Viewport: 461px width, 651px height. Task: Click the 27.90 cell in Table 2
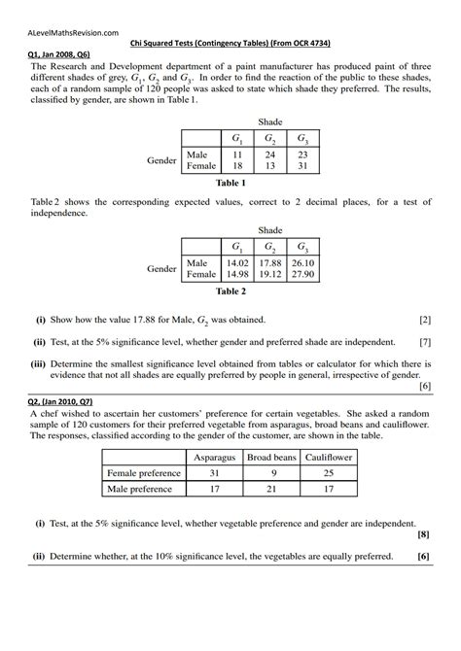(x=302, y=275)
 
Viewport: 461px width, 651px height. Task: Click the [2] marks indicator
(x=425, y=319)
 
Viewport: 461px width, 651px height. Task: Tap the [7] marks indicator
(x=425, y=342)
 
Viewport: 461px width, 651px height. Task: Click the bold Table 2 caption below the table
(x=230, y=291)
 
